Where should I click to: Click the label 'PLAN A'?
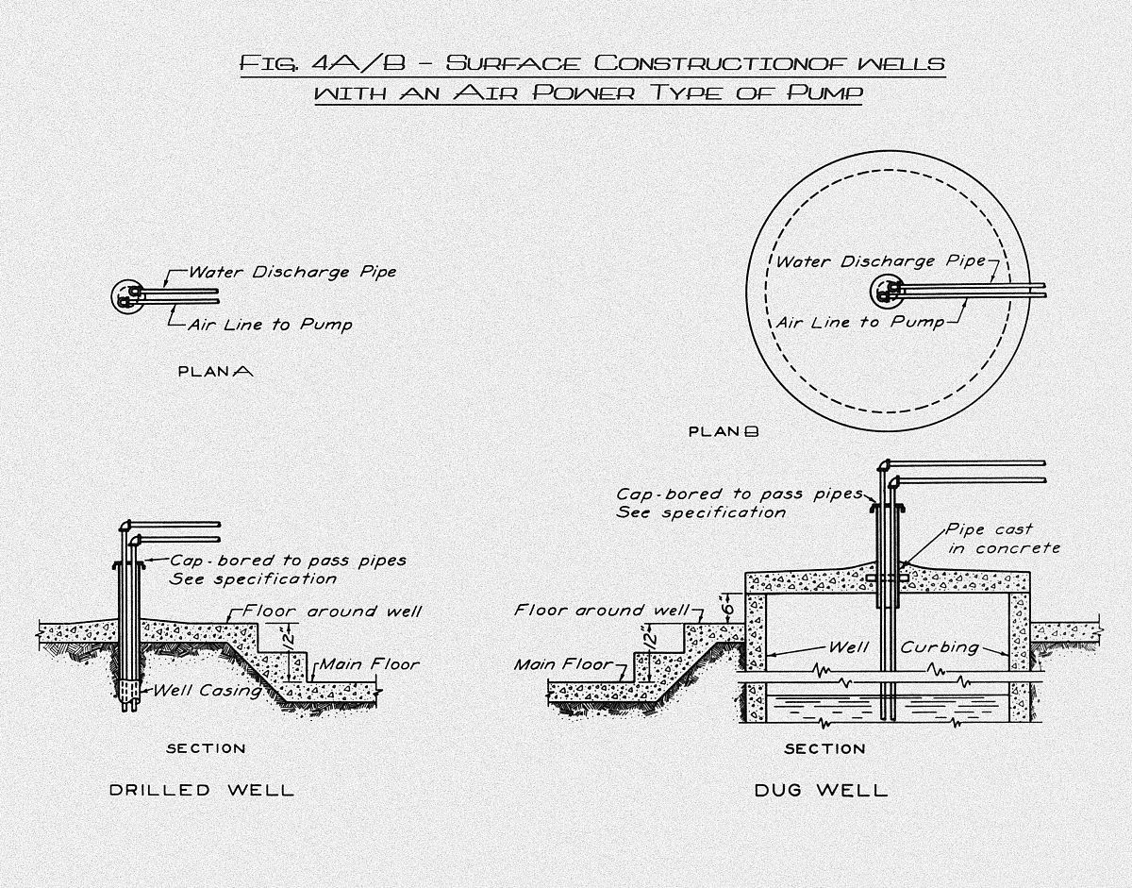215,372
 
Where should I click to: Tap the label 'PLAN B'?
724,432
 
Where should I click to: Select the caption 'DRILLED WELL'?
202,790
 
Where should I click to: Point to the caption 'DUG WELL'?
821,790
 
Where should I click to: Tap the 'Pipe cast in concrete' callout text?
1002,539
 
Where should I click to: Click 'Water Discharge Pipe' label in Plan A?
292,272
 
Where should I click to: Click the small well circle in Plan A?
125,295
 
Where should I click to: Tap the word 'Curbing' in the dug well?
940,648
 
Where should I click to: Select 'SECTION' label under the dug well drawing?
824,749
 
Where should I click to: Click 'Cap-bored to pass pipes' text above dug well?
740,494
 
